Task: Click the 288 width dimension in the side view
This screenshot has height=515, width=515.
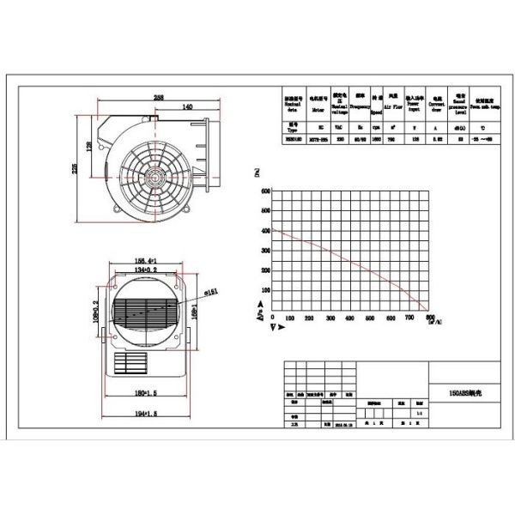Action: click(160, 97)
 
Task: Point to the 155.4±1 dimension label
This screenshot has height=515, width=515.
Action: click(142, 257)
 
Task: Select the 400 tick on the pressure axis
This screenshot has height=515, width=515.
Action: click(265, 231)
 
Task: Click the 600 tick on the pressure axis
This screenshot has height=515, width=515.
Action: click(265, 191)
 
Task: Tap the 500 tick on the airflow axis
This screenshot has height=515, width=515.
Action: click(370, 318)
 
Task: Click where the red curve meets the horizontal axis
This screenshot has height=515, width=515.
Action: click(427, 311)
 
